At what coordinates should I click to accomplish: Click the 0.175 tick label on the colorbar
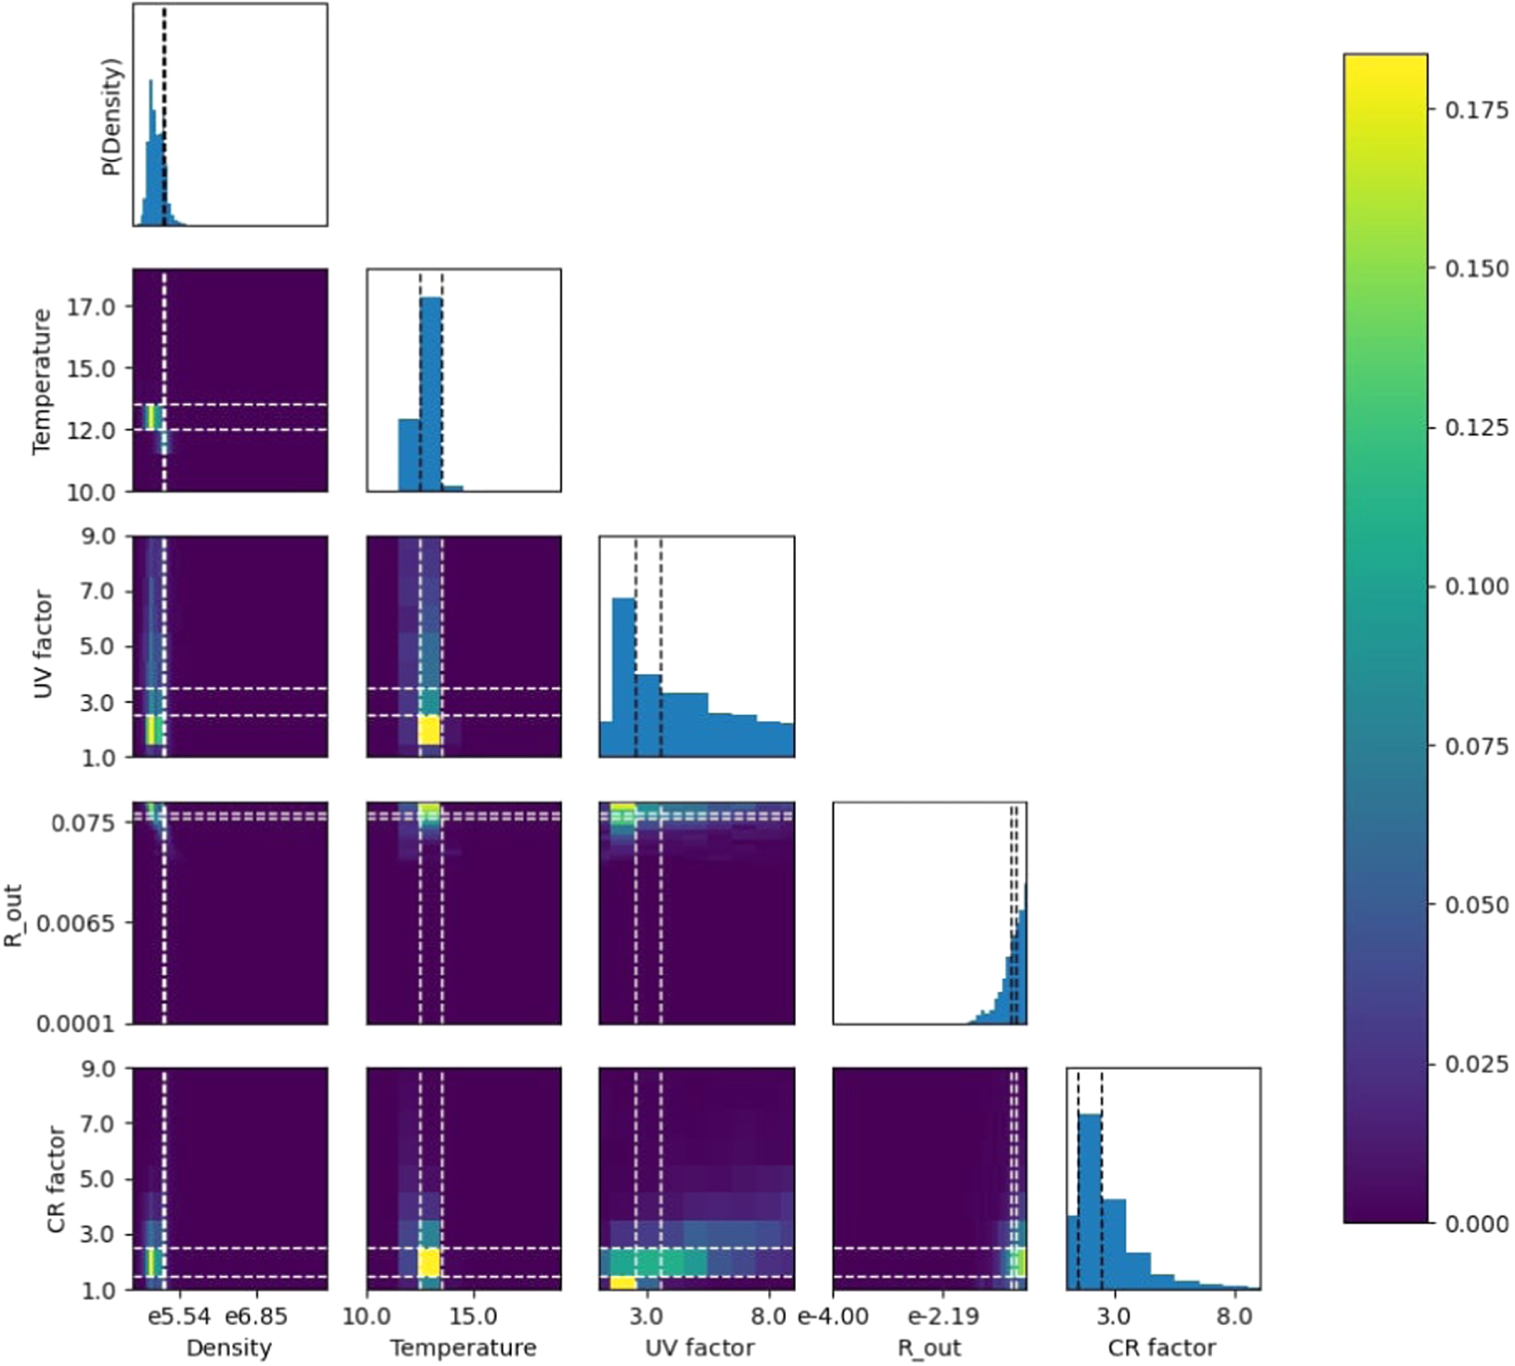tap(1476, 109)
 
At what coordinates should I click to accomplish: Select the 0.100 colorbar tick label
tap(1476, 587)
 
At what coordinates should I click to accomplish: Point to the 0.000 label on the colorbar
tap(1476, 1224)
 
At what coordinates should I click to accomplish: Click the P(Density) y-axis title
tap(112, 116)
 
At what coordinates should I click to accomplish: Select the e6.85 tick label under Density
tap(256, 1316)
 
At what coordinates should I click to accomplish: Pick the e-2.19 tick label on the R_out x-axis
tap(943, 1316)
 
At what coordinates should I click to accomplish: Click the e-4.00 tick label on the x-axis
tap(833, 1316)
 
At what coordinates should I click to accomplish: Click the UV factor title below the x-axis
tap(699, 1348)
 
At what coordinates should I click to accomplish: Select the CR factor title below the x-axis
tap(1161, 1348)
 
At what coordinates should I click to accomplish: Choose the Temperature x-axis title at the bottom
tap(463, 1348)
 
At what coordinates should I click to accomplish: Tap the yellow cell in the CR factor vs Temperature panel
tap(429, 1262)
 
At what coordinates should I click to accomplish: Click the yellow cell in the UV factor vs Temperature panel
tap(429, 730)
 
